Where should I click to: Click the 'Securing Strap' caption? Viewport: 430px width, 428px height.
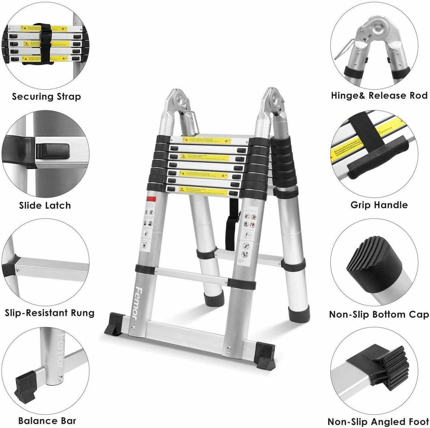pos(47,97)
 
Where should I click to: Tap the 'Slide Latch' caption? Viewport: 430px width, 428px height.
pos(45,205)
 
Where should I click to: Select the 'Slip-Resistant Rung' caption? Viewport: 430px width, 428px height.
pos(50,313)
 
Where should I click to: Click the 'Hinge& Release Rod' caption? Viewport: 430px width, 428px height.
pos(379,96)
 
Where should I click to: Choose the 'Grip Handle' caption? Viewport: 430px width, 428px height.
pos(379,205)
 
